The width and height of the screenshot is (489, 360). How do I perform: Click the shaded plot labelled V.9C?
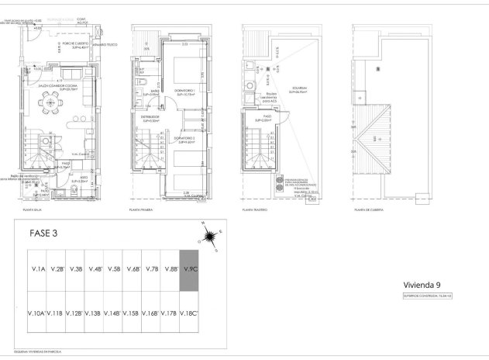point(190,269)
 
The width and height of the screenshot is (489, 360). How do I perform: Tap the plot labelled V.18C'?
point(190,313)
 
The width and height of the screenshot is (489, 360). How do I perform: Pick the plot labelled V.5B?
point(113,269)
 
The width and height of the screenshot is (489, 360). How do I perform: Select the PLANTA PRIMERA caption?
point(144,209)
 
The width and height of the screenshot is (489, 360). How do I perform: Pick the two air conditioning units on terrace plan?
point(277,187)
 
